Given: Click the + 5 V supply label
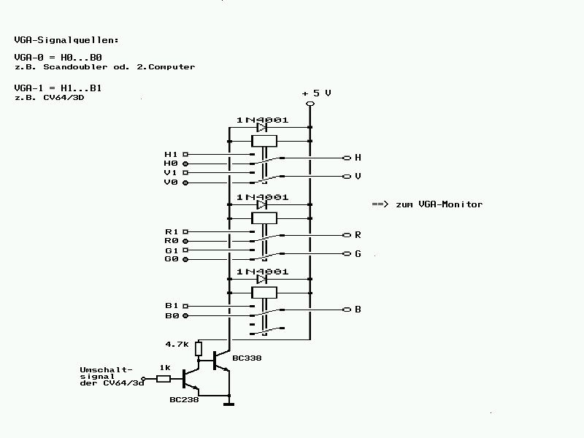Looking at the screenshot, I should coord(317,93).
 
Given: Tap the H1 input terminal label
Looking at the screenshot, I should coord(171,155).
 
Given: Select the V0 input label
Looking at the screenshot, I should coord(171,182).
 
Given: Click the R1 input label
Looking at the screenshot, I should coord(171,231).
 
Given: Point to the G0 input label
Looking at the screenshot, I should coord(171,259).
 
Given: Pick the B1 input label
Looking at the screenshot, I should coord(171,306).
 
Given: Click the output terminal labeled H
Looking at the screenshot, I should coord(358,158).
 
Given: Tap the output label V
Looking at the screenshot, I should coord(358,177).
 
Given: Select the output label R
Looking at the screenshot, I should coord(358,235).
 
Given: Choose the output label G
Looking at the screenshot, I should coord(358,254).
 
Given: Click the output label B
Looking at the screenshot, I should coord(358,310).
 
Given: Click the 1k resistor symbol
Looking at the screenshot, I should coord(164,378).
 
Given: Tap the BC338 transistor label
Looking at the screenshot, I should coord(247,358).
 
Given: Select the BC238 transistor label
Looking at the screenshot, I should coord(183,399).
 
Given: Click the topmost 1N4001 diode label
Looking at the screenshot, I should coord(262,120).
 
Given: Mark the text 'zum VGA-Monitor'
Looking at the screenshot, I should coord(439,204).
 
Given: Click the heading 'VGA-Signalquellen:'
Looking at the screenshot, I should coord(66,39).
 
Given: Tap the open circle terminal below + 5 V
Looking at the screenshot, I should coord(310,104).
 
